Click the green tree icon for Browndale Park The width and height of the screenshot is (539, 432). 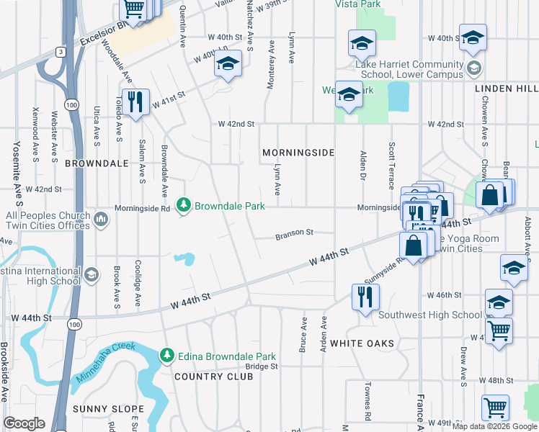click(x=184, y=207)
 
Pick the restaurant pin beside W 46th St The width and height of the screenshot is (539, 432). click(x=365, y=297)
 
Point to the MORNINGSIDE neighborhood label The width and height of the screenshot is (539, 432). click(x=298, y=153)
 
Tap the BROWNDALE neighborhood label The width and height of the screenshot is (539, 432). click(x=97, y=163)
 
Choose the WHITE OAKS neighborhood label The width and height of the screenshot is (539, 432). click(x=362, y=343)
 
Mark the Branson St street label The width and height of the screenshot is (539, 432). click(x=295, y=233)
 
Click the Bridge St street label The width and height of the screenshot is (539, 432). click(x=262, y=366)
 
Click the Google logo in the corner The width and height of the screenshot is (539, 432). click(x=24, y=423)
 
